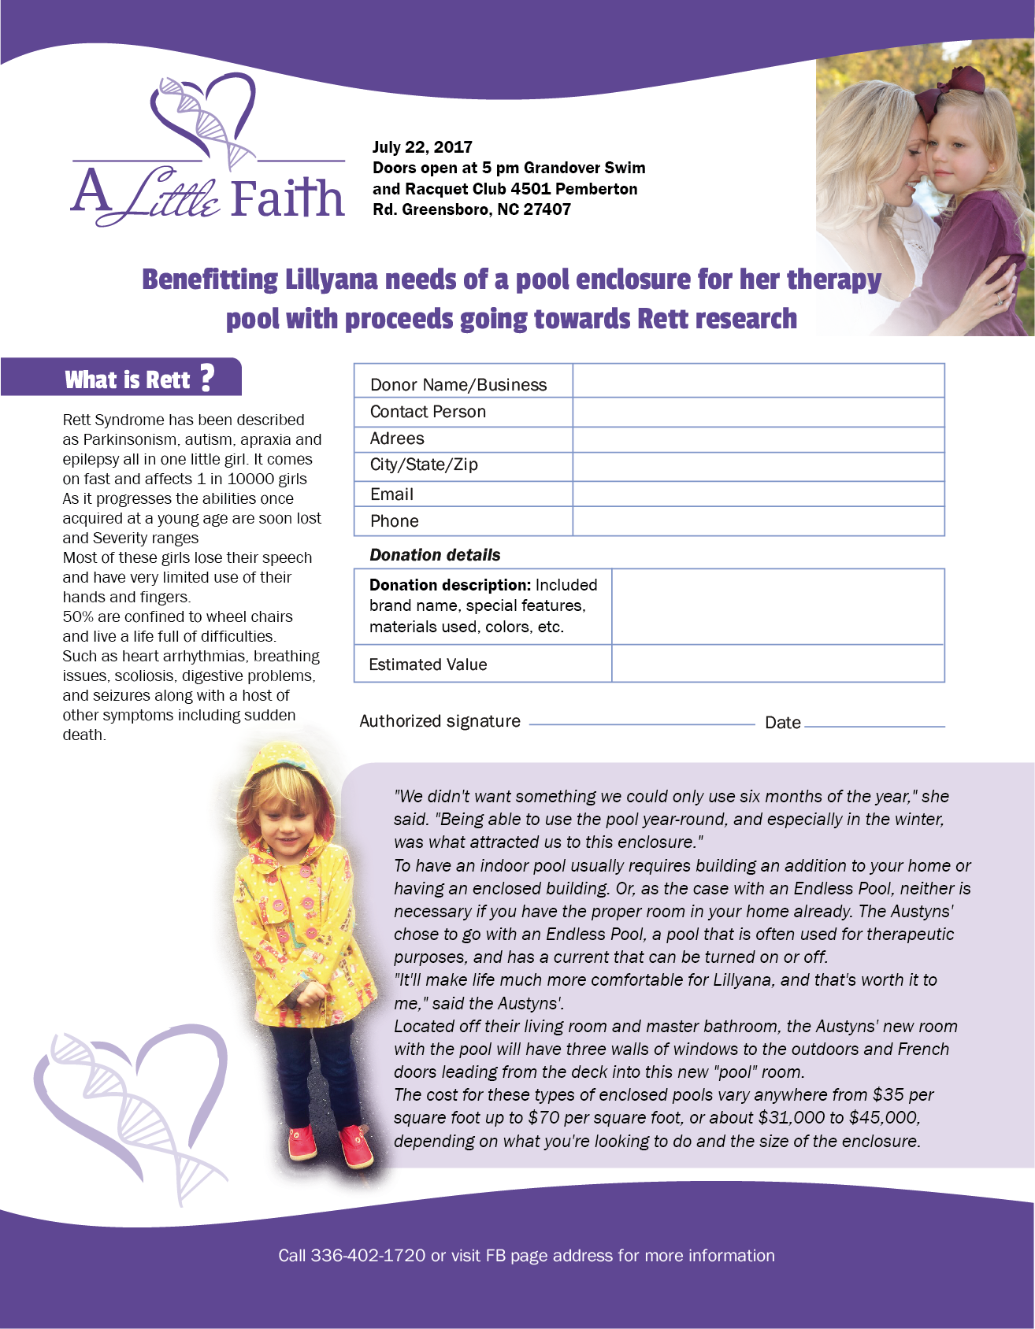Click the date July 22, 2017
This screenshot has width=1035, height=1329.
pos(422,147)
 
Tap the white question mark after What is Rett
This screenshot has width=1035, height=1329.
pos(206,378)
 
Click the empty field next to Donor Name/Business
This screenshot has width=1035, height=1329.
pos(758,381)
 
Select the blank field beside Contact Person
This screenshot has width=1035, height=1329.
pos(758,412)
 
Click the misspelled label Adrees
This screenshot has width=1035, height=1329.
pos(397,439)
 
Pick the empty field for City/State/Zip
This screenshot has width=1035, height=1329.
pos(758,466)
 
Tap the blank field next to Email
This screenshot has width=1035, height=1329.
pos(758,494)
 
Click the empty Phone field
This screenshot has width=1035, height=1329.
pos(758,521)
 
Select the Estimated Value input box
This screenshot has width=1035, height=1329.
pos(777,664)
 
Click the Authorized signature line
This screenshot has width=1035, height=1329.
pos(641,723)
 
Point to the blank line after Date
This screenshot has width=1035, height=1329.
pos(874,724)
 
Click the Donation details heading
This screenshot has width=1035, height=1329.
pos(435,555)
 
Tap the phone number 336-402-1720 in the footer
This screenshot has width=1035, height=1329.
pos(368,1256)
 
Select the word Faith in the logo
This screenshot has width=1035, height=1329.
pos(288,198)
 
